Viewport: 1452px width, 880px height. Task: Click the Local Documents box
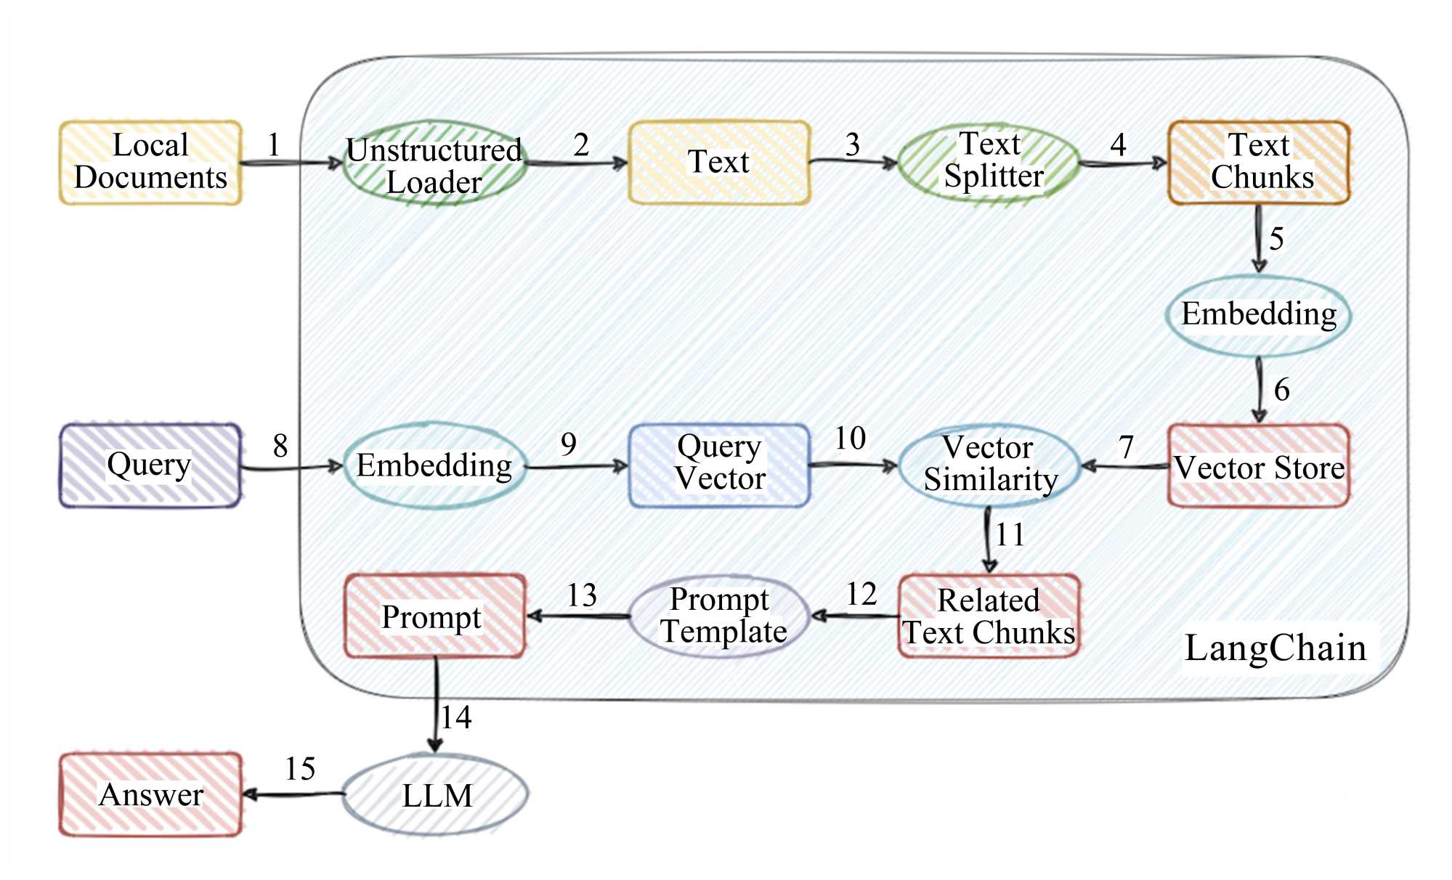pos(150,162)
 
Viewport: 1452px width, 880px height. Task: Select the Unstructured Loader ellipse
pos(434,164)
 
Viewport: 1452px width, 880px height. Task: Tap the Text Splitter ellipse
pos(989,163)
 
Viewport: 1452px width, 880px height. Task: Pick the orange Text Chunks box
pos(1259,162)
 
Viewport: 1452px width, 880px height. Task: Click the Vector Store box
pos(1259,466)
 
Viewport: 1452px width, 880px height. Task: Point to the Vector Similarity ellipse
pos(989,465)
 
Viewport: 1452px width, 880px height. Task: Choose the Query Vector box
pos(719,465)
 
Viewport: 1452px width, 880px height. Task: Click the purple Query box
pos(150,465)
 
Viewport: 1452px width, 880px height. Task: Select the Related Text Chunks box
pos(989,616)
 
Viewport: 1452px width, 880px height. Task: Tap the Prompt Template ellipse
pos(719,616)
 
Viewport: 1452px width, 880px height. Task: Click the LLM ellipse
pos(436,794)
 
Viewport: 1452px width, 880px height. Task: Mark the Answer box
pos(150,794)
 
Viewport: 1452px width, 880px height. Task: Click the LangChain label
pos(1275,648)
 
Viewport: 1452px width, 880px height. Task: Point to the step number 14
pos(456,717)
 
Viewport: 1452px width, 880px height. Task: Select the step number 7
pos(1126,447)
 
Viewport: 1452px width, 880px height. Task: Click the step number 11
pos(1010,535)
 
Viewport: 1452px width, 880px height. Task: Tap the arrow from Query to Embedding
pos(291,468)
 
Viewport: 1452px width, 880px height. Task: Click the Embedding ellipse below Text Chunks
pos(1259,315)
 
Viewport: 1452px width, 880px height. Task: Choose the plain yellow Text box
pos(719,162)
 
